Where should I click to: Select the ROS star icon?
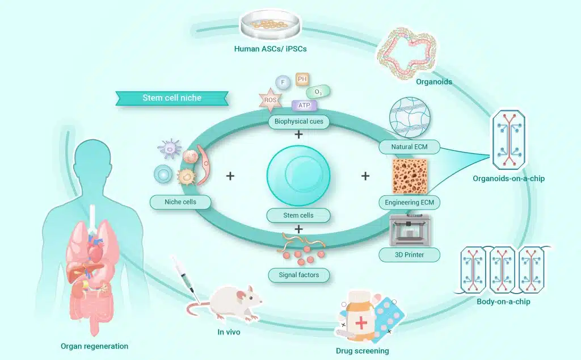pyautogui.click(x=270, y=100)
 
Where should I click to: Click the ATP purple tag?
pyautogui.click(x=304, y=105)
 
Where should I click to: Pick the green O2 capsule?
pyautogui.click(x=318, y=91)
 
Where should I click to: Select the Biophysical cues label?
pyautogui.click(x=298, y=122)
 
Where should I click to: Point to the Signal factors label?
pyautogui.click(x=298, y=275)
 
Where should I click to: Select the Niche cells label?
pyautogui.click(x=180, y=202)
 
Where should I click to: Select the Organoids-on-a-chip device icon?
pyautogui.click(x=509, y=139)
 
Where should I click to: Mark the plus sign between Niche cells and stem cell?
pyautogui.click(x=230, y=176)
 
